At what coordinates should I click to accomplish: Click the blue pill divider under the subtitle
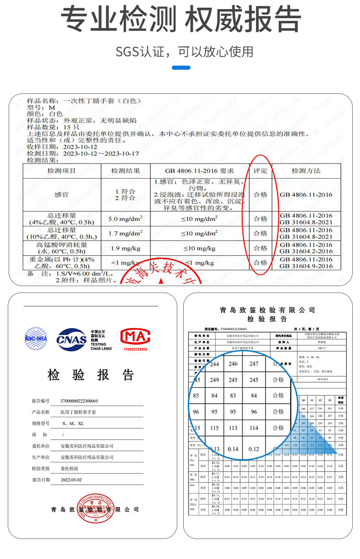pyautogui.click(x=181, y=67)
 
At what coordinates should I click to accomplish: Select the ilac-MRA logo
pyautogui.click(x=36, y=338)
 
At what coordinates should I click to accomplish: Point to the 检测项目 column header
pyautogui.click(x=62, y=171)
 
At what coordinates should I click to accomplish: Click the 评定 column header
pyautogui.click(x=260, y=171)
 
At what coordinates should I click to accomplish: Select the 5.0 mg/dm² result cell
pyautogui.click(x=125, y=219)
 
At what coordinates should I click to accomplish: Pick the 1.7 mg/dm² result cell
pyautogui.click(x=125, y=233)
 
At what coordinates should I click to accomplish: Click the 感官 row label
pyautogui.click(x=62, y=195)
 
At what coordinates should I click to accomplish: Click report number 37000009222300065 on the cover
pyautogui.click(x=79, y=401)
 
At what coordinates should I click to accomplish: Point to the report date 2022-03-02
pyautogui.click(x=72, y=480)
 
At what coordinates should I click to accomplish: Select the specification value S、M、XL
pyautogui.click(x=73, y=423)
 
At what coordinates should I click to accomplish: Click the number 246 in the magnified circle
pyautogui.click(x=233, y=364)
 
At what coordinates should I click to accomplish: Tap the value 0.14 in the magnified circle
pyautogui.click(x=233, y=449)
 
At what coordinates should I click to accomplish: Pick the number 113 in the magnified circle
pyautogui.click(x=233, y=428)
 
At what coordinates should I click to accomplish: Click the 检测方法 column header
pyautogui.click(x=306, y=171)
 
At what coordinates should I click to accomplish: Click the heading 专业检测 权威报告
pyautogui.click(x=180, y=20)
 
